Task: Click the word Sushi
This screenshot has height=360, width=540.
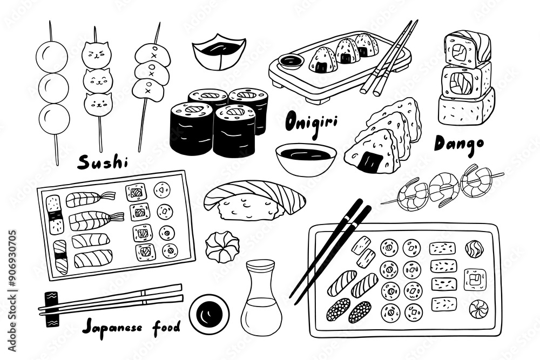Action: (x=102, y=161)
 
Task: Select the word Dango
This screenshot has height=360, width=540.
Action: (x=458, y=143)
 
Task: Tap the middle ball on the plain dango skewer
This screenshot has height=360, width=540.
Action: (x=52, y=87)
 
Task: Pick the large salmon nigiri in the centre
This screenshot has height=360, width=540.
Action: (x=254, y=200)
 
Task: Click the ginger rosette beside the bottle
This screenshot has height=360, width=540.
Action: (x=222, y=247)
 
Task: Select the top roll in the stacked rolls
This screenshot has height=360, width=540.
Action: (x=467, y=49)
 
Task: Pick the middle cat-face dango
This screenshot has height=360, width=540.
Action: (x=97, y=79)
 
